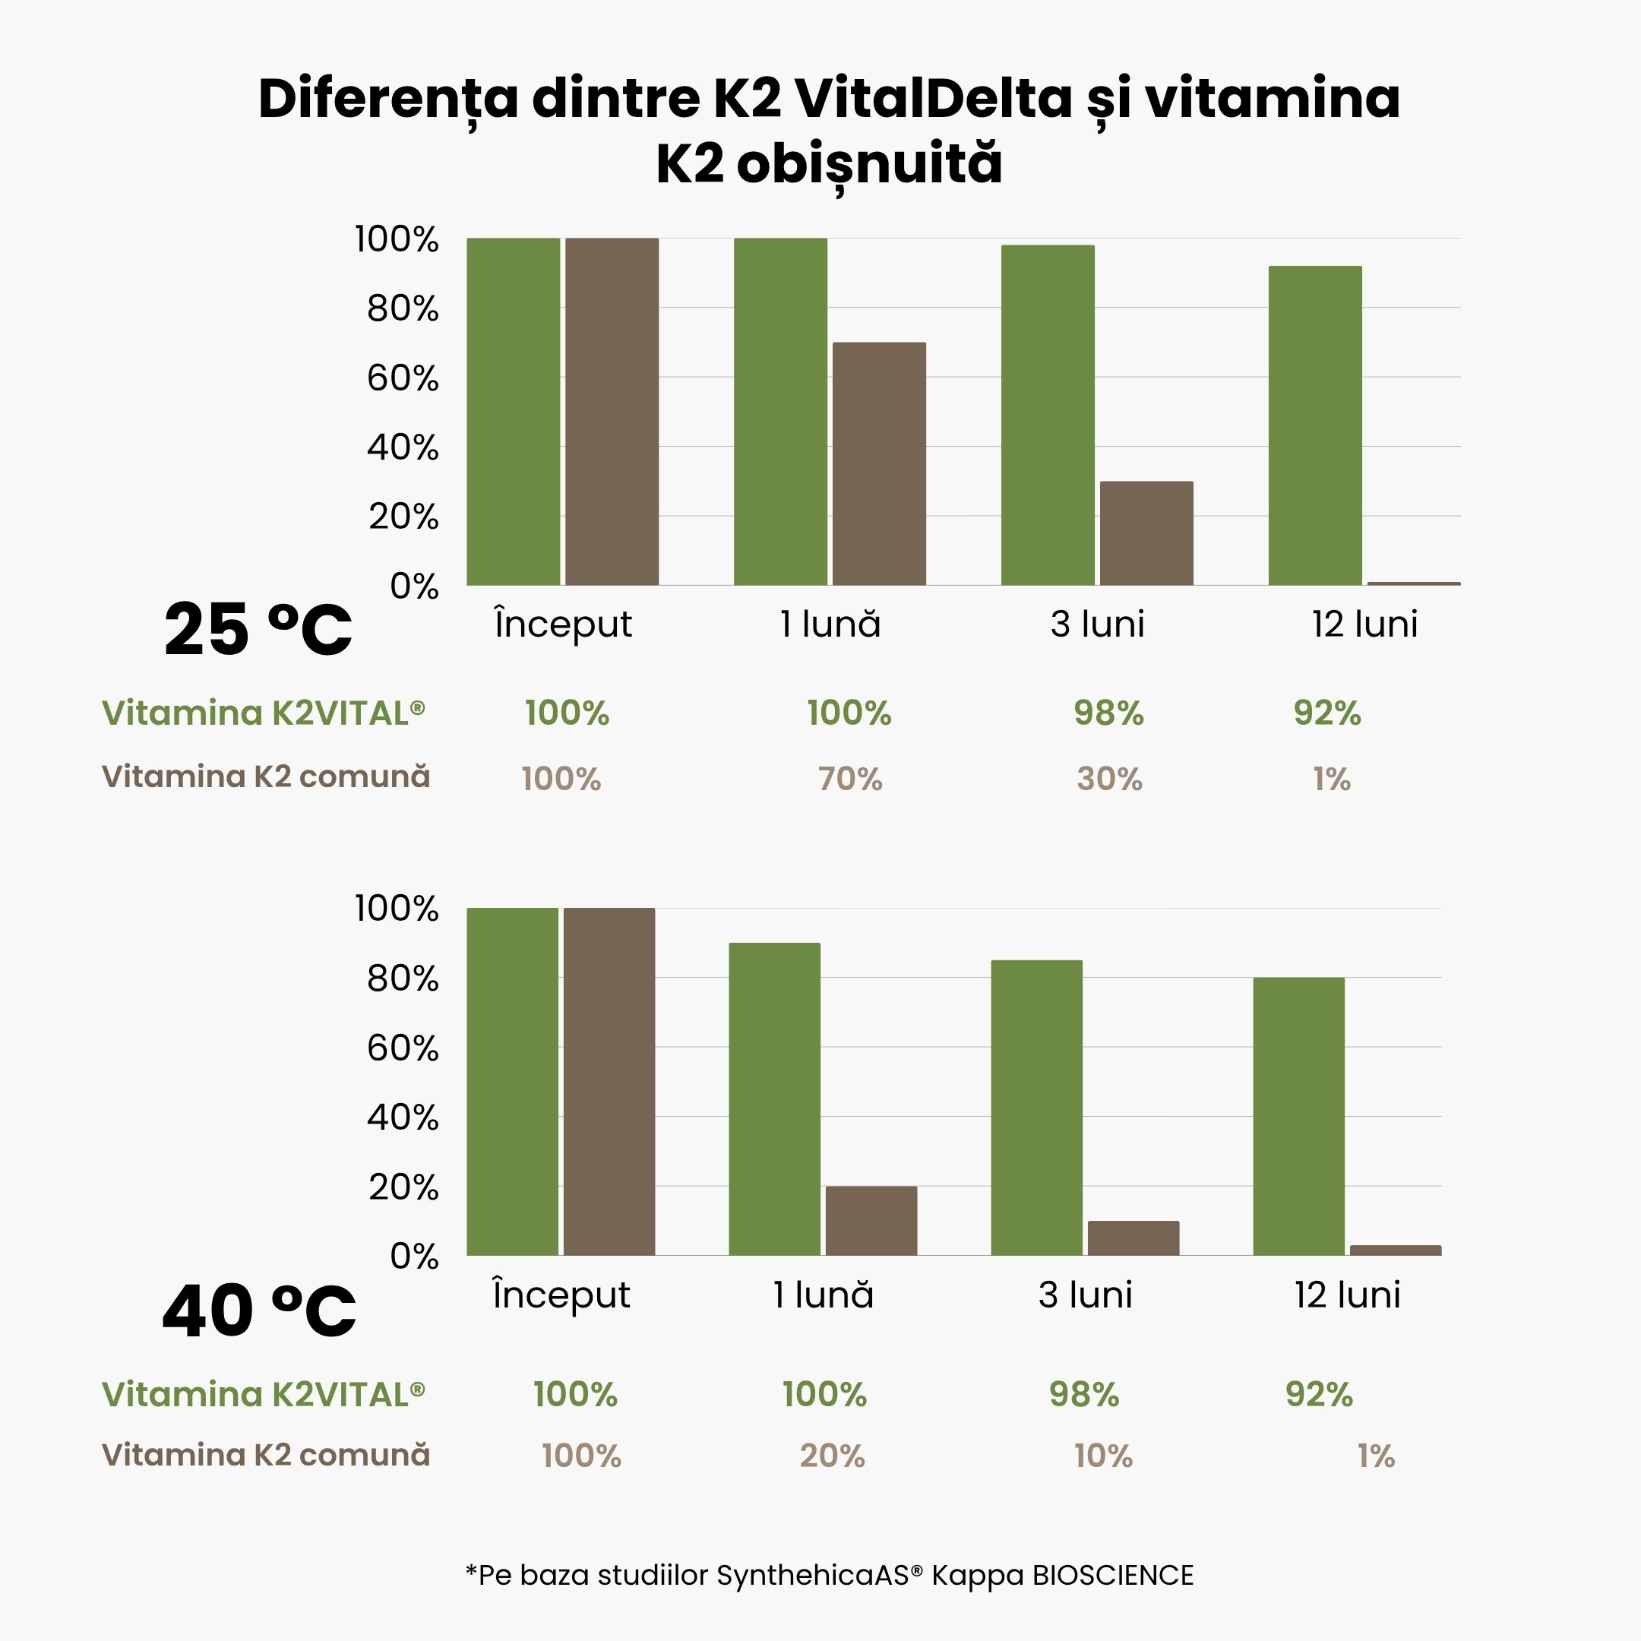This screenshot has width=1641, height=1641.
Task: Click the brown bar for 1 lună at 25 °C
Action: (878, 463)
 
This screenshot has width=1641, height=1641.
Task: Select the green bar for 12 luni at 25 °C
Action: (1315, 425)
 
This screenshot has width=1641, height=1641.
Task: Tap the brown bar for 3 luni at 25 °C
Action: (1146, 533)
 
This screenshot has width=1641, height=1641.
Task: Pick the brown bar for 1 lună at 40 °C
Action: (871, 1221)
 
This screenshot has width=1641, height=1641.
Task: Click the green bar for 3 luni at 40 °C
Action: (1036, 1108)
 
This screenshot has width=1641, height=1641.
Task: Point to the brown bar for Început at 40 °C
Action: (609, 1081)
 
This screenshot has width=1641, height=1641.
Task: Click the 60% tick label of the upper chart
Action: (403, 378)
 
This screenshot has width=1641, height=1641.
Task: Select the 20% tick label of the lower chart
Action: (403, 1187)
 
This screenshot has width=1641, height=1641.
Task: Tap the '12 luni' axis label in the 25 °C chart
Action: (1364, 624)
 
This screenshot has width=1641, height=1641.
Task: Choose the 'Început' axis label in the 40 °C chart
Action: (561, 1295)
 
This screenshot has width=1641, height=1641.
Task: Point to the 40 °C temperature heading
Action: (258, 1311)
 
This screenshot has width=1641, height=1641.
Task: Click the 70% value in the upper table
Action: (850, 779)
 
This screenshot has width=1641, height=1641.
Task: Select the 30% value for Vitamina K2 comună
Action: (1109, 779)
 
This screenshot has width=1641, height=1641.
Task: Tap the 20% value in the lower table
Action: (832, 1456)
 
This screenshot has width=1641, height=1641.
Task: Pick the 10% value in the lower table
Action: (1102, 1456)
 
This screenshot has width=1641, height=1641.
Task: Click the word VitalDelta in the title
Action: (934, 99)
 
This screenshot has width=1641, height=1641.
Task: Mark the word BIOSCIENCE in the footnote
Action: (1113, 1576)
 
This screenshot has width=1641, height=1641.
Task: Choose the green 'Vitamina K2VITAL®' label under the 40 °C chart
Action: (264, 1394)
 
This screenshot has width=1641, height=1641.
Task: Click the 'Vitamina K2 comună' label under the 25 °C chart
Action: (266, 776)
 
